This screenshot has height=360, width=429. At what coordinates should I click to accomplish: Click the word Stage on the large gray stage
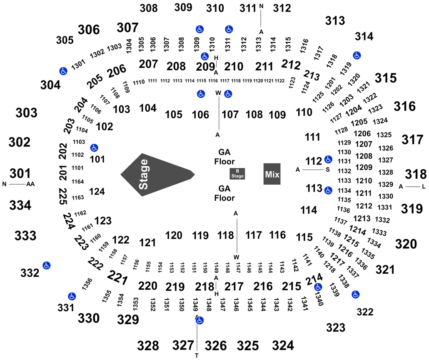tap(143, 174)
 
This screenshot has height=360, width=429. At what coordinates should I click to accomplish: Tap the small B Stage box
tap(237, 174)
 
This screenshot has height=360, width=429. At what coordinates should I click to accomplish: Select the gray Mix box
tap(272, 174)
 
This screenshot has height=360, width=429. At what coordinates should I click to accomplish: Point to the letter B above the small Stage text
tap(237, 171)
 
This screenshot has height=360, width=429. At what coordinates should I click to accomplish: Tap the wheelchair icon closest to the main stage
tap(94, 147)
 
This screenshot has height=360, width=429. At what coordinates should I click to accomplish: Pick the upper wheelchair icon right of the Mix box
tap(328, 159)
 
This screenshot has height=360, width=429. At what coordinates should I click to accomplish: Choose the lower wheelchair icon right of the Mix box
tap(328, 190)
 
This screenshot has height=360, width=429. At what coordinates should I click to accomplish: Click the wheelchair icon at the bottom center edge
tap(200, 320)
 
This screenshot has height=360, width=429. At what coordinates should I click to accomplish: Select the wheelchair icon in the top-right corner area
tap(357, 55)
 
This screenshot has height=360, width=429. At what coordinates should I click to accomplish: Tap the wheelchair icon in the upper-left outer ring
tap(63, 71)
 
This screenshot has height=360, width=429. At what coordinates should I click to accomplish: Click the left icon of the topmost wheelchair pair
tap(200, 29)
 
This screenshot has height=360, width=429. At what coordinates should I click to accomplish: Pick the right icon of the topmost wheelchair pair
tap(229, 29)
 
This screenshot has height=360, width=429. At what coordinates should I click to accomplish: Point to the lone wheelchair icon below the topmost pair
tap(205, 56)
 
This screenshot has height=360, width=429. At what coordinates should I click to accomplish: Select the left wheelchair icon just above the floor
tap(201, 94)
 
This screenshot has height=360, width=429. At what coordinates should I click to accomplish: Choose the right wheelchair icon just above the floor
tap(228, 94)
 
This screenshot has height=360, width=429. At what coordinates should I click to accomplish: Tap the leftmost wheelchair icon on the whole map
tap(47, 265)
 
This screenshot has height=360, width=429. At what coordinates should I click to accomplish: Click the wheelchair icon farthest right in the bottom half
tap(355, 295)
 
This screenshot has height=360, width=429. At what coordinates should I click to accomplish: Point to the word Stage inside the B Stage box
tap(237, 176)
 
